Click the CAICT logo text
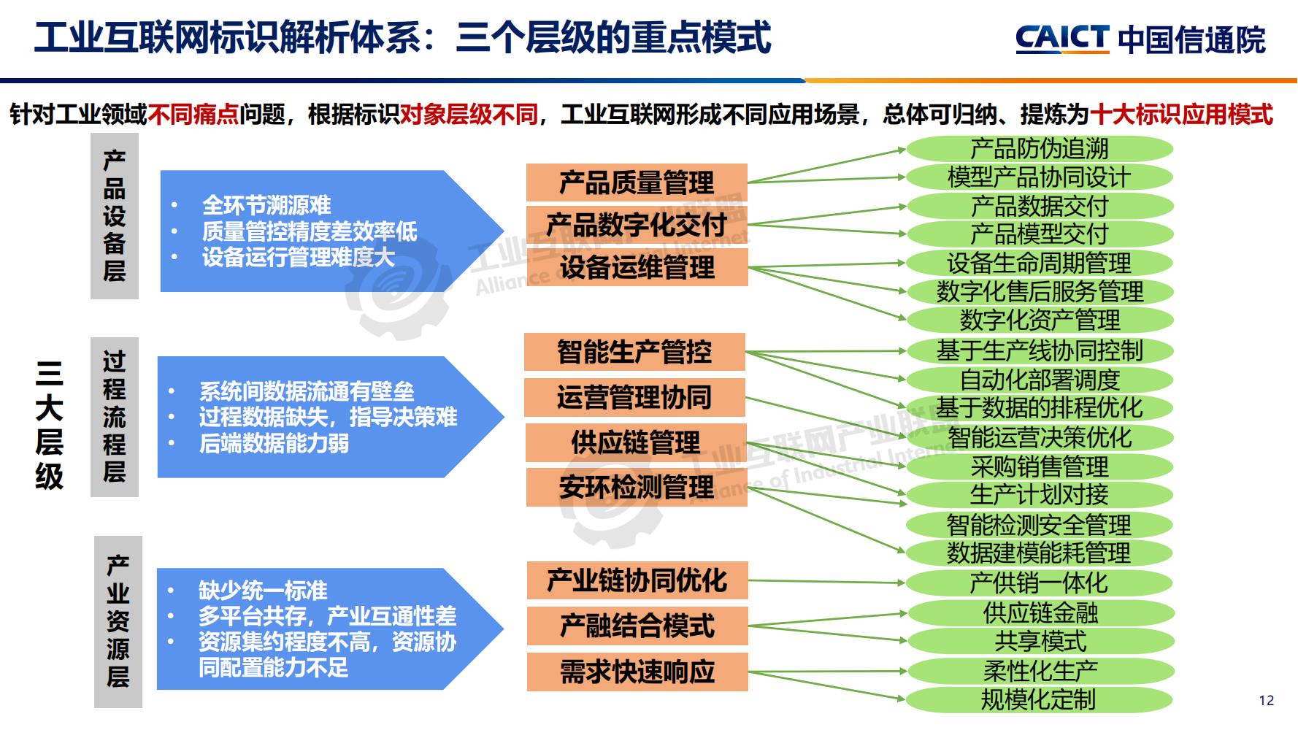1062,39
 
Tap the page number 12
1267,700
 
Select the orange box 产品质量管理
637,182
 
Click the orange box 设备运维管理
637,267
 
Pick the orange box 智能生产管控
634,352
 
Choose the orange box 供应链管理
635,442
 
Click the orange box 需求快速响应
637,672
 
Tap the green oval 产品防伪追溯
1039,149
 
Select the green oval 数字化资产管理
1039,320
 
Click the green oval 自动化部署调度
1039,380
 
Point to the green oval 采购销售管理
1039,466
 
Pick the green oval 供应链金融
1039,612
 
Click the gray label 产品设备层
115,216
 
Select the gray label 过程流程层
115,417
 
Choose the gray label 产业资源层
118,622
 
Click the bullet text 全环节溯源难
266,205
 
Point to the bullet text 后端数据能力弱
274,443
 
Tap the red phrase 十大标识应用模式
1181,115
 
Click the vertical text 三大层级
49,425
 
